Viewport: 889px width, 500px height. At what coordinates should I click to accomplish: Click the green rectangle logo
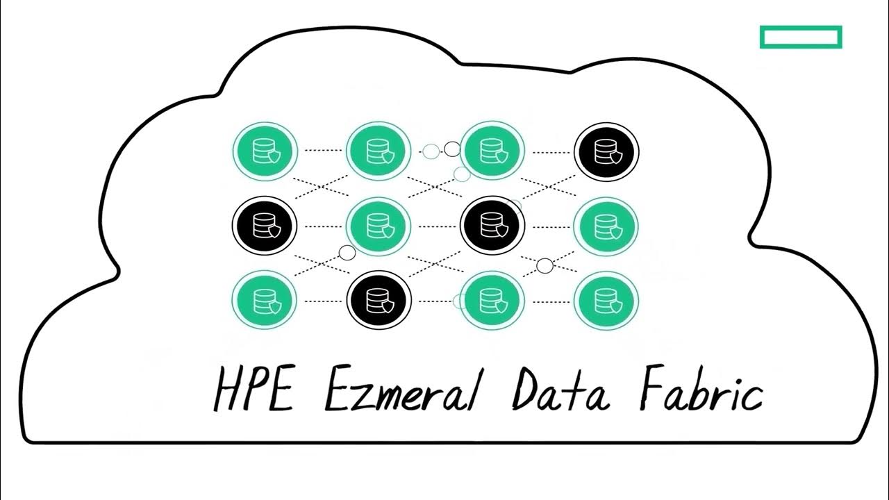[x=801, y=37]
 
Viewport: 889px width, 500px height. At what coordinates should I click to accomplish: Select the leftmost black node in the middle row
[x=264, y=226]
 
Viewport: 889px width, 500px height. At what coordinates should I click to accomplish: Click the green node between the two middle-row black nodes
[x=379, y=226]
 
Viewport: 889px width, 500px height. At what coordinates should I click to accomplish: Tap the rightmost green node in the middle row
[x=606, y=226]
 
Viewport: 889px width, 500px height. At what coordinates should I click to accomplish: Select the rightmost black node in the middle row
[x=492, y=226]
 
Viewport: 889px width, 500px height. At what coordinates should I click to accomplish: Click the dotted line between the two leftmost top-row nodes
[x=322, y=151]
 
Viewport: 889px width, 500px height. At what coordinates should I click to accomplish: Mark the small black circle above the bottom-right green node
[x=545, y=265]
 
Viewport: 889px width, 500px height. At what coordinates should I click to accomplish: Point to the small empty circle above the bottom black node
[x=347, y=253]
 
